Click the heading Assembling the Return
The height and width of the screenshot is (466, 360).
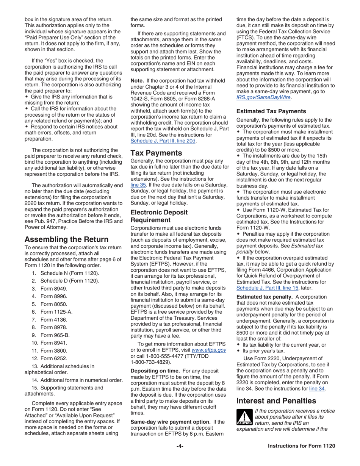click(x=66, y=239)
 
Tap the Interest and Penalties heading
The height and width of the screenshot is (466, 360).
click(x=275, y=400)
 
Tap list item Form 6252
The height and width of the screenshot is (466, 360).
click(x=54, y=358)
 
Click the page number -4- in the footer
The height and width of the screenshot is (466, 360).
click(x=180, y=457)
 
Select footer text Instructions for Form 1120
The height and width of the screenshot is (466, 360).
click(x=301, y=457)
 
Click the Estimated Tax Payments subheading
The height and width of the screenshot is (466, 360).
click(x=271, y=111)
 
